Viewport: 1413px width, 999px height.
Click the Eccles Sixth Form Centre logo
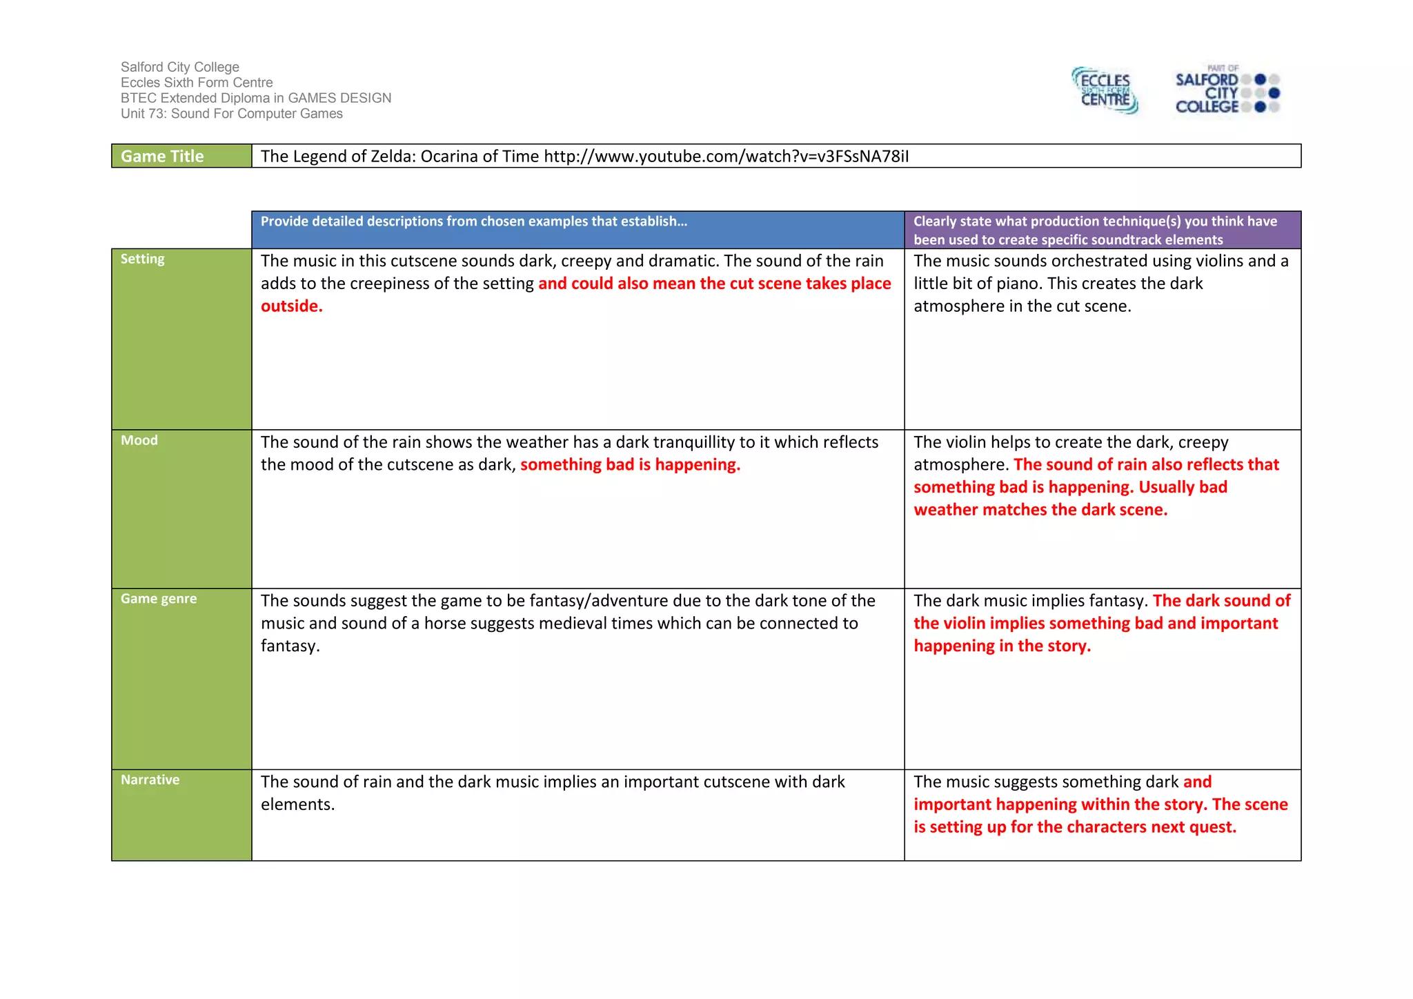1105,90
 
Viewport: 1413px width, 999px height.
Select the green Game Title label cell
181,156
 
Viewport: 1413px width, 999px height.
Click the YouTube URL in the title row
726,157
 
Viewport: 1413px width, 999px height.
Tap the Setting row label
143,259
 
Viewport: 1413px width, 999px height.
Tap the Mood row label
139,440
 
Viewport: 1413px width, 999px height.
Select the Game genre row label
159,599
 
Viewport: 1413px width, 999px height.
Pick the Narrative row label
150,780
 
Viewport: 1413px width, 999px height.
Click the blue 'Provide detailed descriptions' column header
474,221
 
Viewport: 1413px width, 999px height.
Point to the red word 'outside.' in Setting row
292,306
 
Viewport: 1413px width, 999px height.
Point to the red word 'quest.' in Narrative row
1213,827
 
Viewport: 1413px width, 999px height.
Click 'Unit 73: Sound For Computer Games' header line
232,114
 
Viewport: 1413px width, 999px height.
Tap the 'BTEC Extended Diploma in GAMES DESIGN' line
256,98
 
